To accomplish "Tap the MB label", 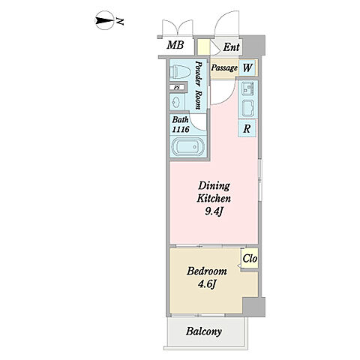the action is coord(175,45).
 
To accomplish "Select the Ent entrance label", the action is coord(231,47).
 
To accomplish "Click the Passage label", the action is coord(224,67).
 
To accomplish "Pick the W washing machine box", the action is coord(247,67).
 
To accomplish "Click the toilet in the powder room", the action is coord(178,71).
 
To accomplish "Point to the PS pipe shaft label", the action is coord(177,88).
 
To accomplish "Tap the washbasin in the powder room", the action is coord(177,102).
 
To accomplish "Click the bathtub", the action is coord(187,147).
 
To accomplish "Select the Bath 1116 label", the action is coord(180,124).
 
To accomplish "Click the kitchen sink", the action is coord(247,88).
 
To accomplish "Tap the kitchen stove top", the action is coord(248,109).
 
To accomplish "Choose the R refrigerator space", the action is coord(247,128).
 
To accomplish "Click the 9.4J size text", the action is coord(214,211).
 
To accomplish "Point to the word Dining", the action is coord(214,186).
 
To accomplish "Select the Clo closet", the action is coord(250,259).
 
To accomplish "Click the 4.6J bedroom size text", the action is coord(207,284).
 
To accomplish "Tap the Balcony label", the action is coord(204,331).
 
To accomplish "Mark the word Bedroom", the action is coord(207,271).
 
